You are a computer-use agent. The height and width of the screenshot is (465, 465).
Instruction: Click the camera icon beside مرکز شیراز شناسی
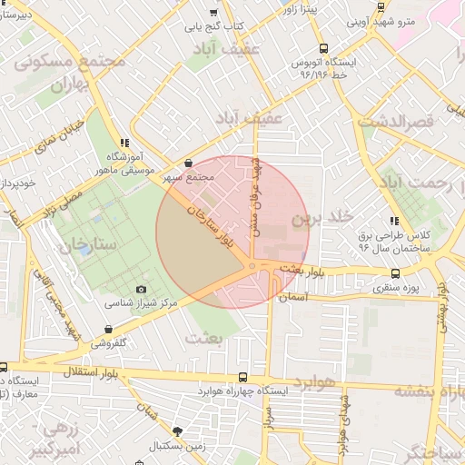(141, 290)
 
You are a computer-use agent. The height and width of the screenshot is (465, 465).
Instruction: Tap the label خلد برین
(321, 219)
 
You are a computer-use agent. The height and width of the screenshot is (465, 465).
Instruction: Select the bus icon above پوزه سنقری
(395, 273)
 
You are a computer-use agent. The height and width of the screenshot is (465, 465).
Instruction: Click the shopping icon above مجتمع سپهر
(188, 163)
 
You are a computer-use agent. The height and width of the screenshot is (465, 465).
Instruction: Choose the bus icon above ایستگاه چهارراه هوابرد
(241, 376)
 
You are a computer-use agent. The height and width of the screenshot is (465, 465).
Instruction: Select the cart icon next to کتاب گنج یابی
(213, 13)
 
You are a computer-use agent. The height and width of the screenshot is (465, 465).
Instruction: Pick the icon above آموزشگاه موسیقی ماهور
(124, 143)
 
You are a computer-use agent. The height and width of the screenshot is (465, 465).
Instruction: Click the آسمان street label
(293, 298)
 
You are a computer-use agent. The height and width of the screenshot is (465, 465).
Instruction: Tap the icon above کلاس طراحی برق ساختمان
(393, 221)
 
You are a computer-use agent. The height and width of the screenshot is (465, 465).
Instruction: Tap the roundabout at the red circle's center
(251, 267)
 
